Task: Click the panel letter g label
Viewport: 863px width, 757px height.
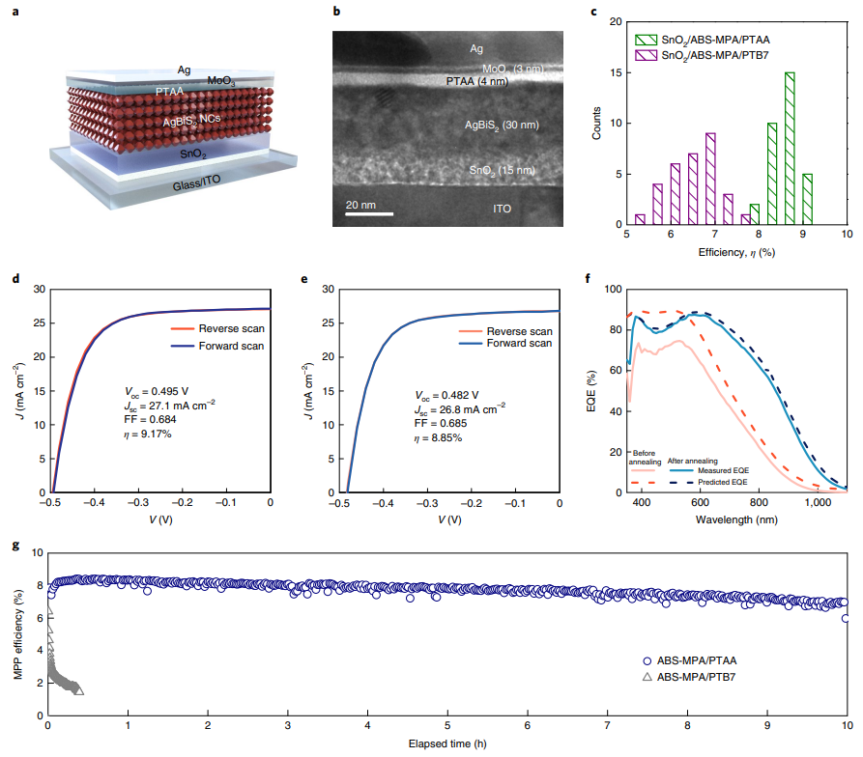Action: [x=13, y=545]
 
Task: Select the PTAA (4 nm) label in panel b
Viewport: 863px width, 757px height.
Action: [x=475, y=83]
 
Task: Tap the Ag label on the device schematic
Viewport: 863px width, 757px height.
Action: [x=184, y=70]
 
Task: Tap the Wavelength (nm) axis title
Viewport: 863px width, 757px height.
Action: [x=737, y=519]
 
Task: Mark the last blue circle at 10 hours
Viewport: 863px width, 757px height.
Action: [x=846, y=618]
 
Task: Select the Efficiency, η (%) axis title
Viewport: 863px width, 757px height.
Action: [x=737, y=251]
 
